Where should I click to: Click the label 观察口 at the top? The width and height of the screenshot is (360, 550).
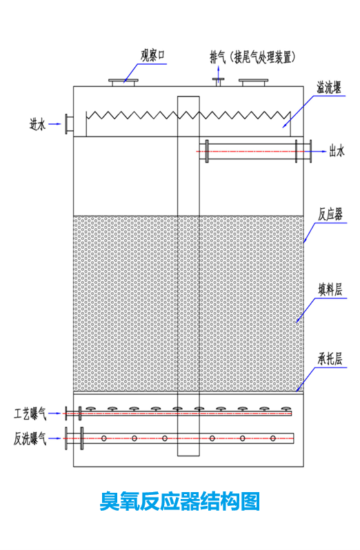click(x=152, y=55)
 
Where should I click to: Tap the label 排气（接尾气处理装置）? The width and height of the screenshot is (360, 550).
click(x=252, y=57)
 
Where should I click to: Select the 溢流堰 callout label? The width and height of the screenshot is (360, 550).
click(x=329, y=88)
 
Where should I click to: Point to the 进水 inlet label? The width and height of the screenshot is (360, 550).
click(x=37, y=124)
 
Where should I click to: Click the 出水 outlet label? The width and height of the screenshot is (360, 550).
click(x=337, y=151)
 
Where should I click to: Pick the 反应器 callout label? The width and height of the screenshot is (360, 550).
click(x=330, y=214)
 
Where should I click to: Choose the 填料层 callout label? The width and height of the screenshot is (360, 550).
click(x=330, y=290)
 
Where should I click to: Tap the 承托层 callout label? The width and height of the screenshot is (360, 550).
click(x=330, y=359)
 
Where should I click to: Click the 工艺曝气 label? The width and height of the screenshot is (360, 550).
click(x=30, y=414)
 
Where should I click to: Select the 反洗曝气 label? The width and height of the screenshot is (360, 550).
click(x=30, y=438)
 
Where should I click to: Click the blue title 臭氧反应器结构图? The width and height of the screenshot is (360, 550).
click(x=180, y=501)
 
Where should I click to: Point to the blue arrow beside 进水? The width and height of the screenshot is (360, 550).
click(x=54, y=124)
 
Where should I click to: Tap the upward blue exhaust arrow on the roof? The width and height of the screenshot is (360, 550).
click(x=218, y=73)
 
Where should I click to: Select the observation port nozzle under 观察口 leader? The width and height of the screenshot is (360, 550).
click(x=123, y=83)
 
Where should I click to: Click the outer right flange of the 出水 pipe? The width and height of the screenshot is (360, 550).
click(x=310, y=151)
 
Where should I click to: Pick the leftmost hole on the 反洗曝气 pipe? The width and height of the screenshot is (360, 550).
click(x=104, y=438)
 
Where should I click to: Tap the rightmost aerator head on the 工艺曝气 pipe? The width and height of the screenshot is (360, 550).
click(x=286, y=409)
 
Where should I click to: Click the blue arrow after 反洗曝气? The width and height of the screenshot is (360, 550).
click(x=55, y=438)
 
